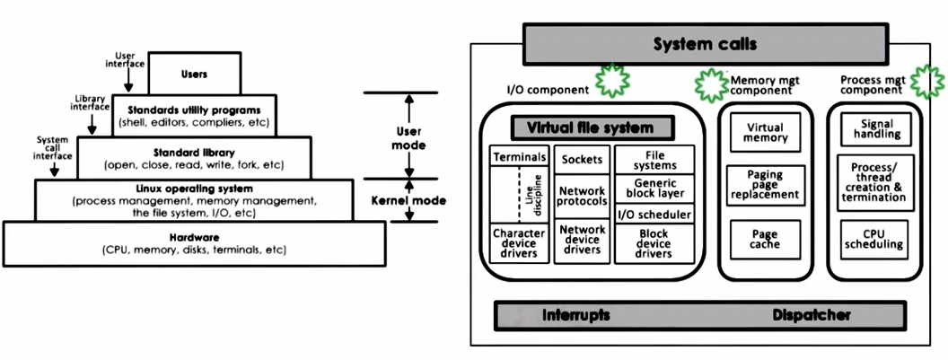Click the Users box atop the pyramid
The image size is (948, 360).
point(194,74)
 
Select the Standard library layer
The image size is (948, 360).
point(194,158)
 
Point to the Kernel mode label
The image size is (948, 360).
point(397,200)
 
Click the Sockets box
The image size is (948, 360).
point(582,159)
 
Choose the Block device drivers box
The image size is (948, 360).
point(654,243)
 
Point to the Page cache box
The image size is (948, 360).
point(766,238)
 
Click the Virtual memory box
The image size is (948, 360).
point(766,132)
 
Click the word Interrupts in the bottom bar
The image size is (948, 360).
point(576,316)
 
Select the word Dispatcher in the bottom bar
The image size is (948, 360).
point(811,316)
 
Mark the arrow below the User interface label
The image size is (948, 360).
point(128,79)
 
